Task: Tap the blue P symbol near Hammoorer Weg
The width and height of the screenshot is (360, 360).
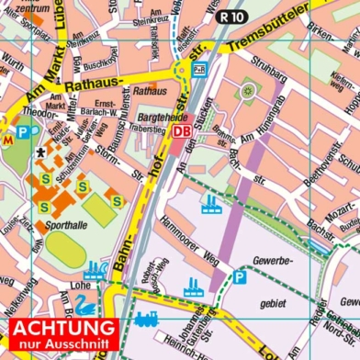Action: pos(239,276)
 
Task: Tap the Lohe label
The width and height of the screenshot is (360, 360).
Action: pos(79,285)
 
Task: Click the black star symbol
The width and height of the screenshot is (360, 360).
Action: pos(40,153)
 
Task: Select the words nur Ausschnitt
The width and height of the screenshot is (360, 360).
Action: pos(62,345)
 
